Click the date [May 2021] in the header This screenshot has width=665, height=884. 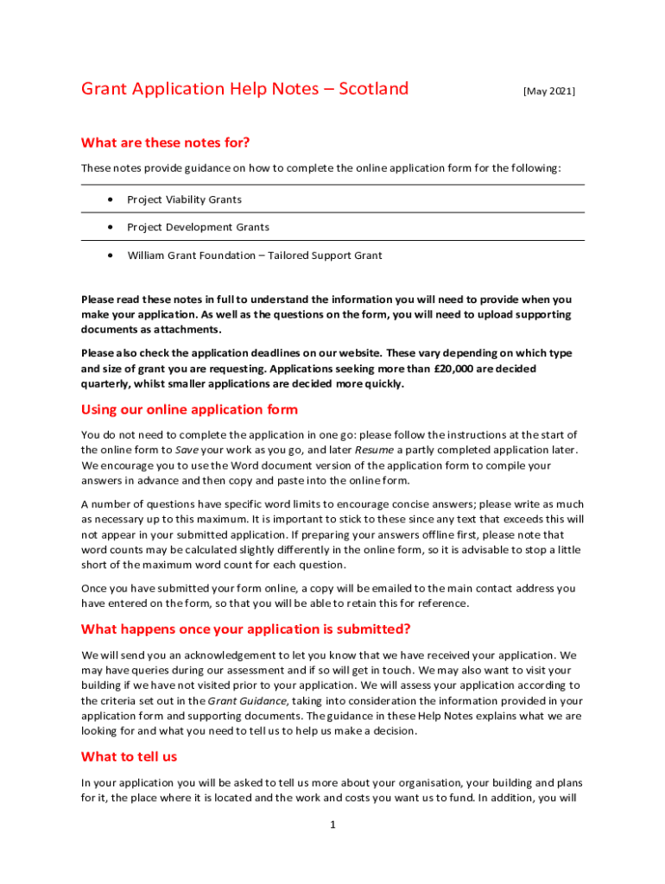548,91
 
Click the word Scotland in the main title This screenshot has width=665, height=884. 373,89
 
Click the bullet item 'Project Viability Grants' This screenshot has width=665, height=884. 184,199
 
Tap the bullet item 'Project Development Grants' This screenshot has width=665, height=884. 198,227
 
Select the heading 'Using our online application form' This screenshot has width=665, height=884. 189,409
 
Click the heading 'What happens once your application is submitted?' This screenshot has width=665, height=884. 245,628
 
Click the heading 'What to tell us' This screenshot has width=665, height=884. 129,756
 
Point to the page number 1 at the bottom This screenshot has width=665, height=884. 332,824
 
